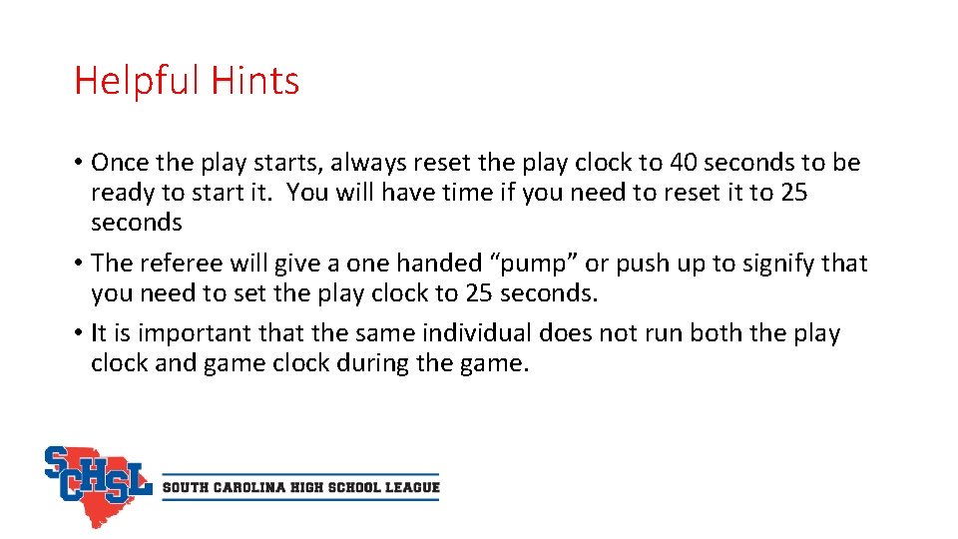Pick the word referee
[184, 264]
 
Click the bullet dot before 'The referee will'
[79, 265]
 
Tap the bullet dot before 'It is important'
[79, 334]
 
